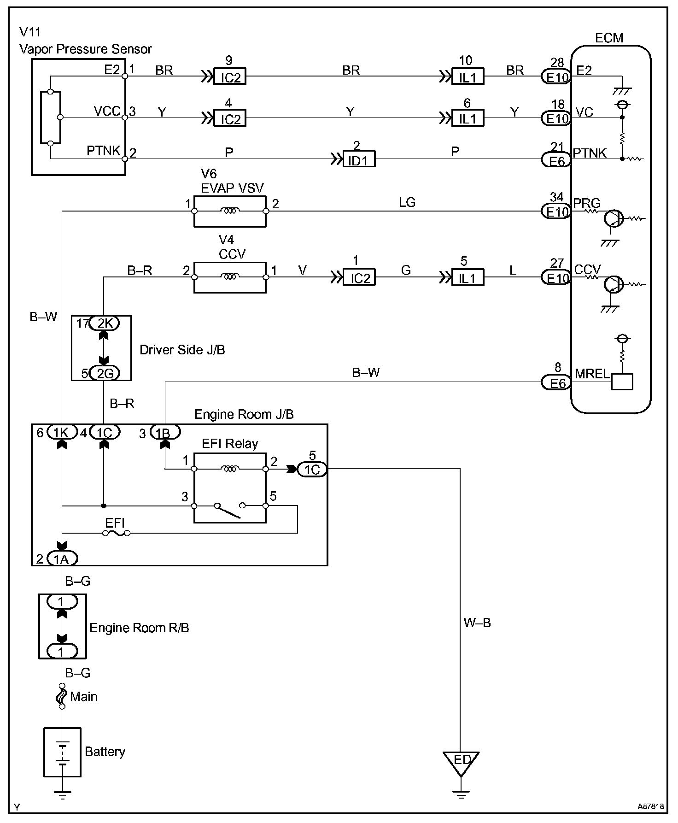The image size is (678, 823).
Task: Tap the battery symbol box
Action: click(62, 752)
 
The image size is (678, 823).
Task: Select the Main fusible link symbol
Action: click(62, 697)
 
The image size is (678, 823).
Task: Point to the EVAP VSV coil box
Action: click(230, 211)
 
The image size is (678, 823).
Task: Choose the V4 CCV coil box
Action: click(230, 277)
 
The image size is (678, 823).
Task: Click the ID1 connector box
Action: click(359, 159)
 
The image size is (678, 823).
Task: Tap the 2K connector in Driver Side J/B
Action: click(104, 323)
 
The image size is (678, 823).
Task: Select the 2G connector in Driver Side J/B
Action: click(104, 373)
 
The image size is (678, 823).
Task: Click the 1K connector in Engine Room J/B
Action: click(61, 432)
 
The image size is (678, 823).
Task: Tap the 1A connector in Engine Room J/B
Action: click(62, 559)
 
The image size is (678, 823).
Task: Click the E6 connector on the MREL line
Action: click(556, 382)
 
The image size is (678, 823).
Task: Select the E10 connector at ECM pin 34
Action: click(556, 212)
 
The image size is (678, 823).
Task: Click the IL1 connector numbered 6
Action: click(468, 118)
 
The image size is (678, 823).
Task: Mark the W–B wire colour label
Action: click(477, 623)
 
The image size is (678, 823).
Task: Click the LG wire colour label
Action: click(407, 202)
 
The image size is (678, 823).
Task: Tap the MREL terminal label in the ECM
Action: click(592, 374)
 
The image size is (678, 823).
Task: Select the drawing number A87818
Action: click(650, 807)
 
